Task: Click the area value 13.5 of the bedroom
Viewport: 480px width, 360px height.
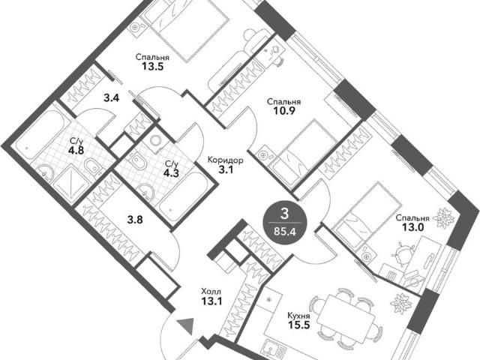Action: click(152, 66)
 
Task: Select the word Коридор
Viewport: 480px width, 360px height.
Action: click(226, 160)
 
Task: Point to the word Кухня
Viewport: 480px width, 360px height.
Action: click(298, 316)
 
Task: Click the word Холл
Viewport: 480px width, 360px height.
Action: click(211, 292)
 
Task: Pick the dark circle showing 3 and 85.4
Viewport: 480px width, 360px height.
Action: click(285, 220)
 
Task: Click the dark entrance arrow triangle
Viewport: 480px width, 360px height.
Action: click(185, 325)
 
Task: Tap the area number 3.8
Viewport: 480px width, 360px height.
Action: click(135, 220)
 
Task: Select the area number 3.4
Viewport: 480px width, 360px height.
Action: click(112, 98)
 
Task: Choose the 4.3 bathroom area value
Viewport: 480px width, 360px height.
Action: click(171, 173)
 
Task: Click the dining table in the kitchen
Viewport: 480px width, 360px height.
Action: click(346, 315)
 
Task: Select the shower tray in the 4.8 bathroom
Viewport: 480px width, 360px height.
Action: click(72, 184)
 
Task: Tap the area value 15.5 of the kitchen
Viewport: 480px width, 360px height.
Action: click(298, 325)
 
